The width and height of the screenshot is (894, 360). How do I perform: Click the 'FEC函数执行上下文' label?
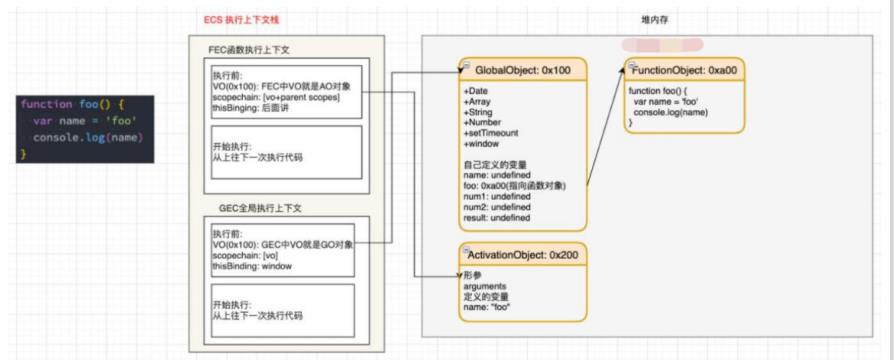(x=249, y=50)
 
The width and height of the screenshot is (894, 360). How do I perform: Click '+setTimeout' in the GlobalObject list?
(x=491, y=133)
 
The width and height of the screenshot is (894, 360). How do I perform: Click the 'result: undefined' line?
(x=497, y=218)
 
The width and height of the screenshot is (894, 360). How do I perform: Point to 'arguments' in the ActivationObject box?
(x=485, y=286)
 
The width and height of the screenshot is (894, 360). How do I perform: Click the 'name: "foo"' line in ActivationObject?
(x=487, y=307)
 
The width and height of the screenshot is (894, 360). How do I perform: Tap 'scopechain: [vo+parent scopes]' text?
(x=276, y=98)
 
